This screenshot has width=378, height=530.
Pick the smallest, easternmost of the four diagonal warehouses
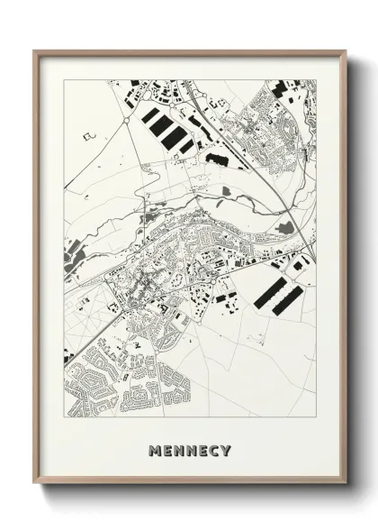(x=186, y=145)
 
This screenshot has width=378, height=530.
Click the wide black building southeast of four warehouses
(x=218, y=158)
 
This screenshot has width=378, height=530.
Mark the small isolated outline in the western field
(x=88, y=136)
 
